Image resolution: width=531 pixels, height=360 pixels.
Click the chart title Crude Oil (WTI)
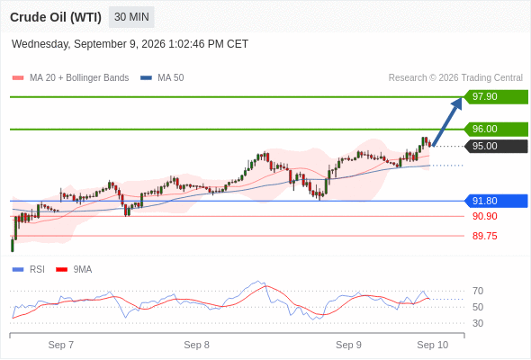[x=56, y=17]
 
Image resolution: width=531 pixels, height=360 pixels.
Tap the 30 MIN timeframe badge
[x=131, y=17]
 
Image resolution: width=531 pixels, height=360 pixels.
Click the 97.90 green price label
[x=496, y=97]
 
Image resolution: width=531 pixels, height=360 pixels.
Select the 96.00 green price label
[x=496, y=129]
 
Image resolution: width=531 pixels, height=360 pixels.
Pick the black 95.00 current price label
[x=496, y=147]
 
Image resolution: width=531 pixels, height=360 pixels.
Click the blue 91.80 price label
[x=496, y=201]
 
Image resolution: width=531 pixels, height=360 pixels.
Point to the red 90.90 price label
[x=484, y=216]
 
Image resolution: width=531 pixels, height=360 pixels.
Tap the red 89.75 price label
[x=484, y=236]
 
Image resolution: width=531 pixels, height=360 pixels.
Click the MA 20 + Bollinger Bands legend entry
[x=70, y=78]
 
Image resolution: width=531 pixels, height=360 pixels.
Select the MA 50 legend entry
[x=162, y=78]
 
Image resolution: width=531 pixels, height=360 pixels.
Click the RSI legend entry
[x=29, y=269]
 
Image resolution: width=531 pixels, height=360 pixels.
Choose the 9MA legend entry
[x=74, y=269]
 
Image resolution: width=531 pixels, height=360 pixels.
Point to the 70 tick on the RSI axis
[x=478, y=291]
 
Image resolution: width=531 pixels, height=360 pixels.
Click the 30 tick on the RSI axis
[x=478, y=323]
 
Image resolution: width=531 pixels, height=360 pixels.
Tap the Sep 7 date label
[x=61, y=345]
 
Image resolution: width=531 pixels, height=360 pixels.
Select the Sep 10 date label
[x=433, y=345]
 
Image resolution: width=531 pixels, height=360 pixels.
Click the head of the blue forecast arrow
[x=461, y=98]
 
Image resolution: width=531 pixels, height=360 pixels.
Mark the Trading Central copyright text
[x=455, y=78]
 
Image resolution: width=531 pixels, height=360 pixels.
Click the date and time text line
[x=130, y=44]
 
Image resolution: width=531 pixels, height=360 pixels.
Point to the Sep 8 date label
[x=196, y=345]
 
